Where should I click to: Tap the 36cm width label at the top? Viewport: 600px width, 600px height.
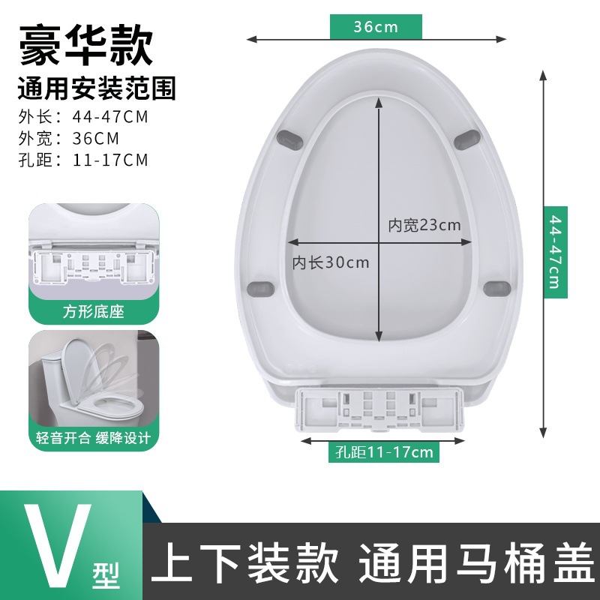coord(376,27)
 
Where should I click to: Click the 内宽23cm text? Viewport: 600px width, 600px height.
coord(424,224)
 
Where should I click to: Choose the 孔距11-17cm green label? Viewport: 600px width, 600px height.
coord(385,451)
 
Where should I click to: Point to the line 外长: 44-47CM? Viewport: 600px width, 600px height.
coord(82,117)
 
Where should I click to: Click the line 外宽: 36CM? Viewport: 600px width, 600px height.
coord(68,138)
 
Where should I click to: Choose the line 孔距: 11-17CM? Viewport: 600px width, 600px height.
coord(82,159)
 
